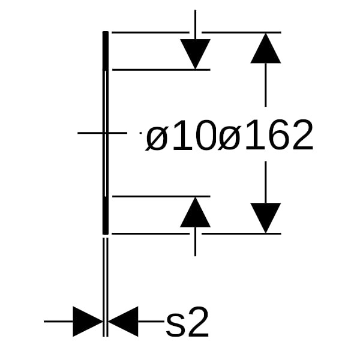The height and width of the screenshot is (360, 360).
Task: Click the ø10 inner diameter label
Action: click(x=181, y=136)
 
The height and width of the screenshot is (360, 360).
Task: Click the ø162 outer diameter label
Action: click(x=266, y=136)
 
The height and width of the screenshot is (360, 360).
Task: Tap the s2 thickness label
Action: click(x=187, y=322)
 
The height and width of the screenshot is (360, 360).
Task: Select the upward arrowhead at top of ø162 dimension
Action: click(x=266, y=48)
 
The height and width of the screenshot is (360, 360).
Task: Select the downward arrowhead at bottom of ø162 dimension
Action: click(x=266, y=218)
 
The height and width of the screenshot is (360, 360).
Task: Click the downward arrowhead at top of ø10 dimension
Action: click(x=195, y=54)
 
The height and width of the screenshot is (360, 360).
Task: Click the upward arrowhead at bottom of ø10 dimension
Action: click(x=195, y=212)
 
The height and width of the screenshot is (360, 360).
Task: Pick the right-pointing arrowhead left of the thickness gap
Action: click(x=88, y=322)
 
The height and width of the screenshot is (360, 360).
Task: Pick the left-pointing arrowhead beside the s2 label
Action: click(x=123, y=322)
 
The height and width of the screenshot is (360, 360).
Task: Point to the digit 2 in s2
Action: click(x=198, y=322)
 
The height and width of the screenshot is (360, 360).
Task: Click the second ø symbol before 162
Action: click(x=229, y=139)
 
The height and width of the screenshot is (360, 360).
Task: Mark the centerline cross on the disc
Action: click(x=106, y=133)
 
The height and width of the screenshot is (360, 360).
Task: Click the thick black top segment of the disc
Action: click(x=106, y=51)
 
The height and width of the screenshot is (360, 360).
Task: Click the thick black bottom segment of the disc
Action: click(x=106, y=215)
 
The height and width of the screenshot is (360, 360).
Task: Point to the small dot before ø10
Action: click(x=140, y=133)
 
